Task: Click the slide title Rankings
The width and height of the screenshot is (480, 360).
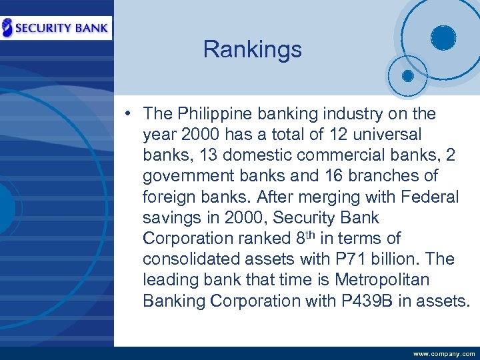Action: (x=252, y=49)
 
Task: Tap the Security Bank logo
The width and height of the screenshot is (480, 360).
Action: (x=56, y=27)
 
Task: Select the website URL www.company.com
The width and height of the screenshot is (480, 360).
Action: (x=444, y=354)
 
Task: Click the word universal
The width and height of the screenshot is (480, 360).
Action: (x=389, y=135)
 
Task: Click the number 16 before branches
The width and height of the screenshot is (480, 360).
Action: (x=330, y=176)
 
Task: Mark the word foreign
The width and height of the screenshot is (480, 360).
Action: (x=167, y=197)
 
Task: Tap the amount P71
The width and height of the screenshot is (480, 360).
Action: (x=357, y=259)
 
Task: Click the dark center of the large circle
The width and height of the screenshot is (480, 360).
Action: (x=442, y=37)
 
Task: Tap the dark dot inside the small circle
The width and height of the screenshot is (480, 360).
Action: (x=407, y=75)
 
